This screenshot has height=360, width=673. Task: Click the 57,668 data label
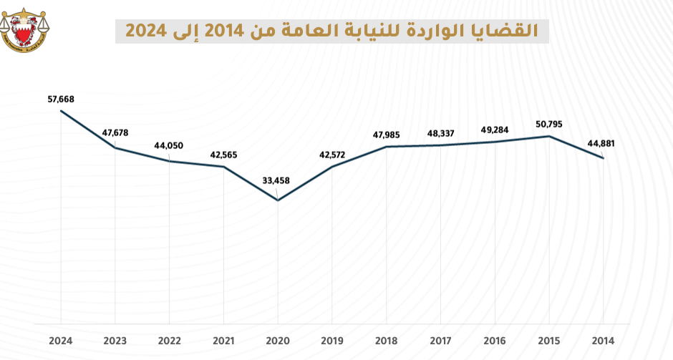(x=60, y=99)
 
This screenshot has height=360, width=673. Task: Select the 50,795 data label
(x=548, y=124)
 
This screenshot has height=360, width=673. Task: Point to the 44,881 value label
(x=601, y=143)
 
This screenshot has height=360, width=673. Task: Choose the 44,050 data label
(x=169, y=146)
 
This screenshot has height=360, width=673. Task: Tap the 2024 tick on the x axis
(x=60, y=341)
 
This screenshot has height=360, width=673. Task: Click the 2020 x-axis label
(x=278, y=341)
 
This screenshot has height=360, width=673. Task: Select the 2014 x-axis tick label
(x=603, y=341)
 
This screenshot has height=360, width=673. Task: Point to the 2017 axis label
(x=440, y=341)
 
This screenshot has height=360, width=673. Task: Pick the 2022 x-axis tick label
(x=169, y=341)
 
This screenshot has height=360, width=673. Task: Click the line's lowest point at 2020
(x=278, y=200)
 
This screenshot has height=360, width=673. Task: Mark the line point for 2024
(x=61, y=112)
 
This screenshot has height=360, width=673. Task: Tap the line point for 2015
(x=549, y=136)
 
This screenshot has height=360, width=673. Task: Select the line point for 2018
(x=387, y=147)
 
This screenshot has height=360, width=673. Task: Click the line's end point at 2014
(x=604, y=158)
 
